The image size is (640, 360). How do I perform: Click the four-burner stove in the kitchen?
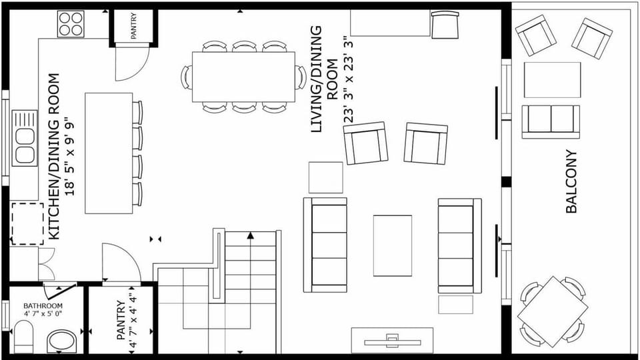pos(71,25)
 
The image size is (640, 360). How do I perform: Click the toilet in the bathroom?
pos(23,337)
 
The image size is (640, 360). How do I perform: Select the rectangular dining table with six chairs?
pos(243,77)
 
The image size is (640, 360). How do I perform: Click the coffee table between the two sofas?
pos(392,245)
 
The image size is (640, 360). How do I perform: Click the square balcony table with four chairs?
pos(553,311)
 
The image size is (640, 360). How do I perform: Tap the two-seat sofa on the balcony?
pos(551,121)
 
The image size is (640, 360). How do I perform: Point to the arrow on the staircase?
pos(251,235)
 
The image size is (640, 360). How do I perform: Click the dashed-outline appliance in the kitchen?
pos(27,224)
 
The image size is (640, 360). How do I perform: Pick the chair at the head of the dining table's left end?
pos(186,77)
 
